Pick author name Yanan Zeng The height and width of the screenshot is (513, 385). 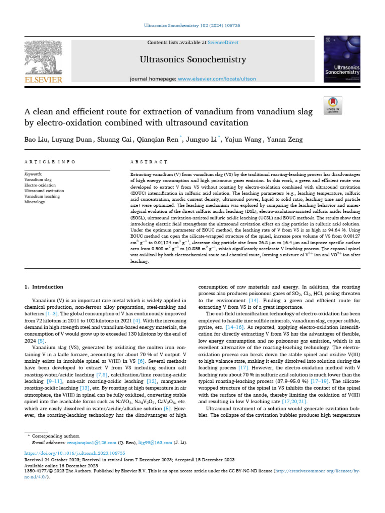(x=286, y=139)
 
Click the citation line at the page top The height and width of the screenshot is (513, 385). (x=192, y=24)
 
